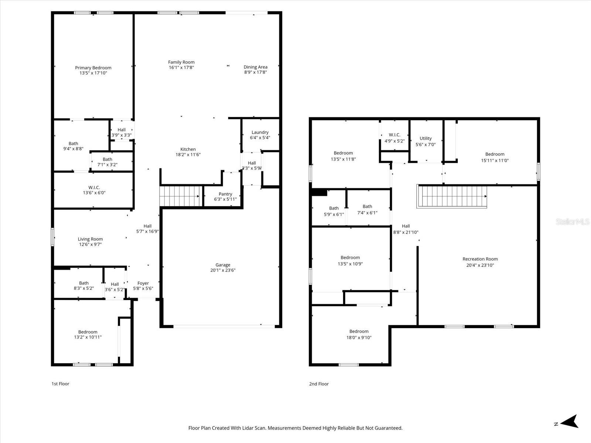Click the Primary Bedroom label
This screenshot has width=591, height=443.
point(93,68)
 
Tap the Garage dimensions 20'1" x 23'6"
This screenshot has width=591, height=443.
point(223,270)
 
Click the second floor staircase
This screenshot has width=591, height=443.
point(452,196)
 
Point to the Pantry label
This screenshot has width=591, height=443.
point(225,194)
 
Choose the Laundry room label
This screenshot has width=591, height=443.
point(260,132)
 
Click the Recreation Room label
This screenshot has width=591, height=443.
point(480,259)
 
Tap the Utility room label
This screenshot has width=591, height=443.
point(426,138)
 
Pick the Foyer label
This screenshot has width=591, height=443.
point(143,283)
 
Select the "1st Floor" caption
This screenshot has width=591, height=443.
point(60,384)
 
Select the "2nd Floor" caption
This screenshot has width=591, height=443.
point(319,384)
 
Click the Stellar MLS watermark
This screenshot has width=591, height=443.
point(573,221)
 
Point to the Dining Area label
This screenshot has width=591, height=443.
point(255,67)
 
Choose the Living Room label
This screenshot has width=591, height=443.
point(90,239)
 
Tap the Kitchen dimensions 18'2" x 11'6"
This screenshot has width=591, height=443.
point(188,155)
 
